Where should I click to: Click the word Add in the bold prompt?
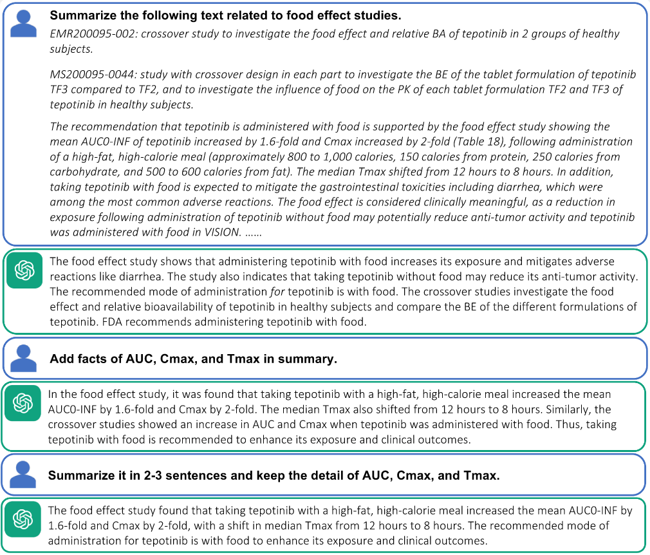[x=62, y=359]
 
